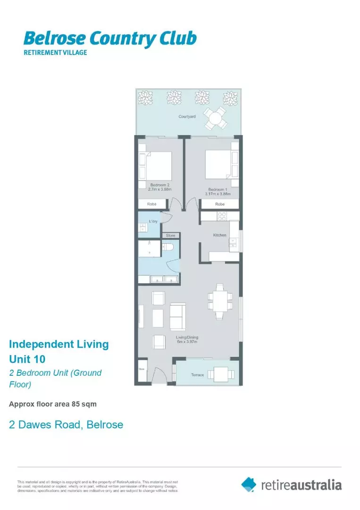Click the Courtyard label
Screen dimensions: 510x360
tap(187, 116)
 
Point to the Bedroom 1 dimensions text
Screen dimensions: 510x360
tap(218, 194)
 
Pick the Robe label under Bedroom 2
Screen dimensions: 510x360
tap(152, 204)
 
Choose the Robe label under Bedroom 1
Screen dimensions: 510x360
tap(220, 204)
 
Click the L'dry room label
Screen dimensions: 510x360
tap(153, 221)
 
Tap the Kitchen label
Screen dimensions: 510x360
tap(220, 235)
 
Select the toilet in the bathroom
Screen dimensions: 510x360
tap(168, 247)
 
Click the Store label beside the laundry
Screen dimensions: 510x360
tap(170, 235)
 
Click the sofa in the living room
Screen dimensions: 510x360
tap(178, 316)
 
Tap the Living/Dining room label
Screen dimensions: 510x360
tap(187, 338)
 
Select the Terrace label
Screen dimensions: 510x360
tap(197, 375)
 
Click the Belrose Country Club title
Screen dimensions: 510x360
tap(110, 38)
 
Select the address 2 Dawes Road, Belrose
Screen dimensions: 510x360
tap(66, 425)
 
